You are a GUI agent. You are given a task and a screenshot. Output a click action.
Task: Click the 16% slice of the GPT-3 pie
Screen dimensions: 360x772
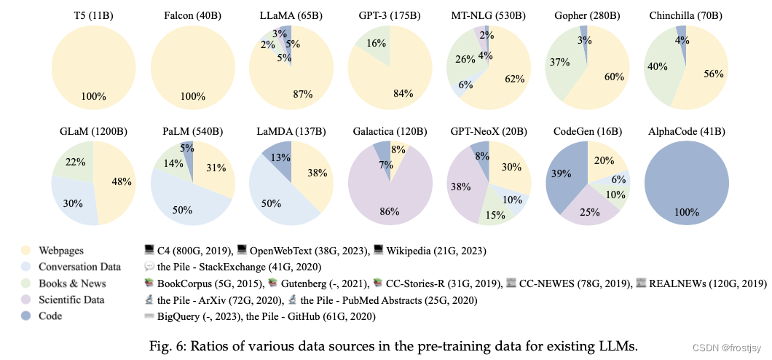(x=372, y=45)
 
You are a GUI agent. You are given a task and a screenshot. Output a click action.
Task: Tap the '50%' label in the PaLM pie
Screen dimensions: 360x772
(x=182, y=210)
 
